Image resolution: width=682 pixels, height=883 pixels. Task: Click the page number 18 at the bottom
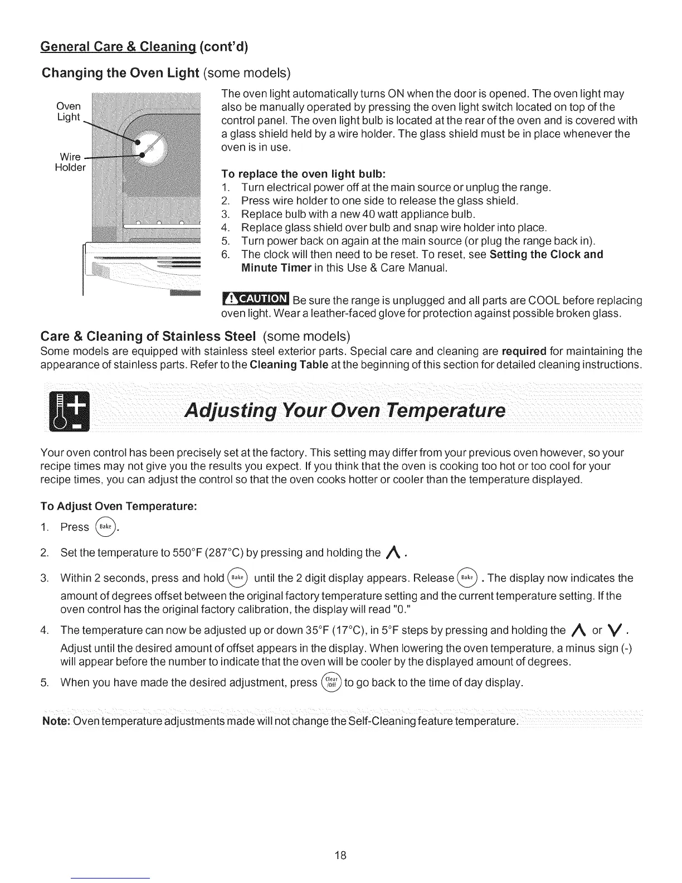tap(341, 856)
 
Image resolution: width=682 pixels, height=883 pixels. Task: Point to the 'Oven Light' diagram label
tap(69, 111)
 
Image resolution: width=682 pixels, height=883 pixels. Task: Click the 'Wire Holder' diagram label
tap(70, 162)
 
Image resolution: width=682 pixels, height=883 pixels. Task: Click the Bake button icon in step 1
tap(106, 526)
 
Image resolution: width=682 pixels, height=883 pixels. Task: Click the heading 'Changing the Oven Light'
tap(121, 73)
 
